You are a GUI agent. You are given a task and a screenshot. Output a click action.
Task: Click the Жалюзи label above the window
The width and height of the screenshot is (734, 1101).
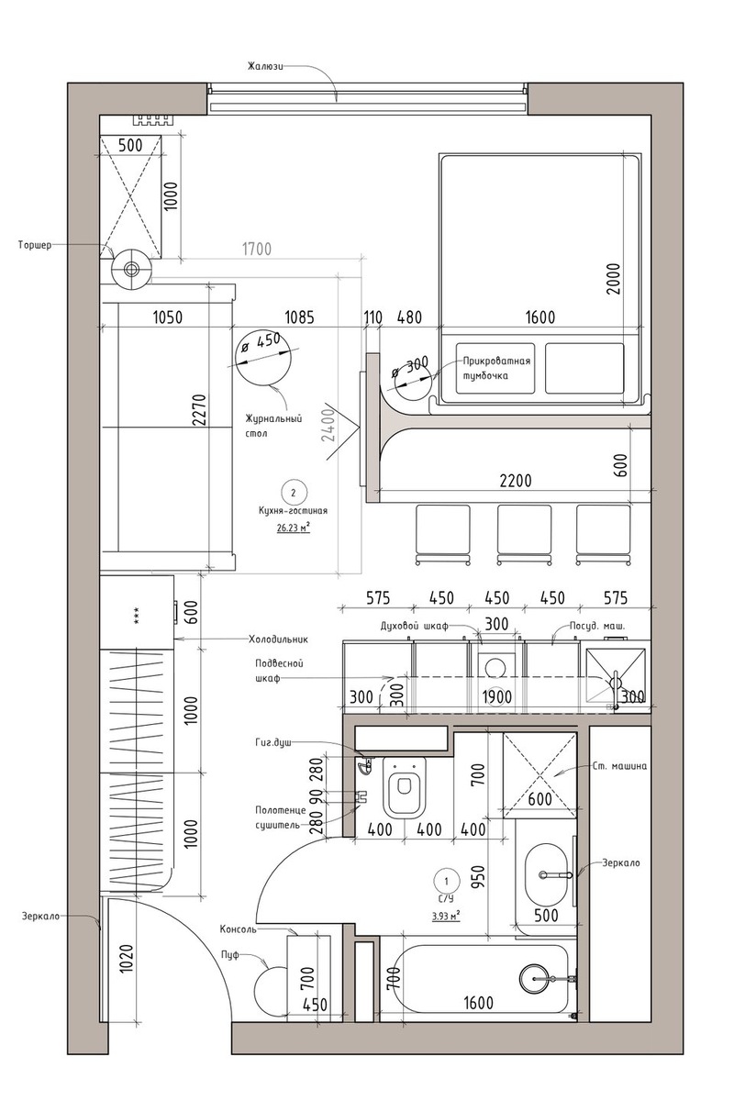[265, 66]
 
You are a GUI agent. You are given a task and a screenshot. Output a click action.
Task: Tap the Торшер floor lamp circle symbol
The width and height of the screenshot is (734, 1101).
[131, 268]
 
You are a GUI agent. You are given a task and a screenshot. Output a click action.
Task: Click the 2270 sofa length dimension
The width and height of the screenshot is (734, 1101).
[200, 409]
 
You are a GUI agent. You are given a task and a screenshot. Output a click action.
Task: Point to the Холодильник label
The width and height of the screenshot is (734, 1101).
[278, 639]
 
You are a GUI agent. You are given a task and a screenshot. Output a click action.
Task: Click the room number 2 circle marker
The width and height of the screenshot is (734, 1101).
[294, 492]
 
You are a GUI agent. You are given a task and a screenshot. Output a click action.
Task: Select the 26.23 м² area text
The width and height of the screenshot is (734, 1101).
[294, 528]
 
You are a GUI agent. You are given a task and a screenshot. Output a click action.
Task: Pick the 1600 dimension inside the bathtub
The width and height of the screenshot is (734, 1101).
[478, 1002]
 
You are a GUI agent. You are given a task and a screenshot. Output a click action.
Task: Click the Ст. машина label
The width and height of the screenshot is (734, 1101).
[618, 766]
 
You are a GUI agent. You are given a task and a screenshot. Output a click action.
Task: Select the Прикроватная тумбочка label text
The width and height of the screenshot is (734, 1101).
[496, 368]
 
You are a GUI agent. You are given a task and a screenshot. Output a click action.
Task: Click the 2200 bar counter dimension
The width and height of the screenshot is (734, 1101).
[516, 480]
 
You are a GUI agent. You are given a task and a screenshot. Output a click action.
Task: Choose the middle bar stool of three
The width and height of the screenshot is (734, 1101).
[524, 533]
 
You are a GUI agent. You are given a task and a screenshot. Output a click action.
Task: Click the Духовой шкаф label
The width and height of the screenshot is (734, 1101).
[415, 626]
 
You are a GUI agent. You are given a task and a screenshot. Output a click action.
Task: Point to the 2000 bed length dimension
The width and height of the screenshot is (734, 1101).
[613, 279]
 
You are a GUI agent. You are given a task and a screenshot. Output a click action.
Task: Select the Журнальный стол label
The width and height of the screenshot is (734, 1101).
[273, 426]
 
